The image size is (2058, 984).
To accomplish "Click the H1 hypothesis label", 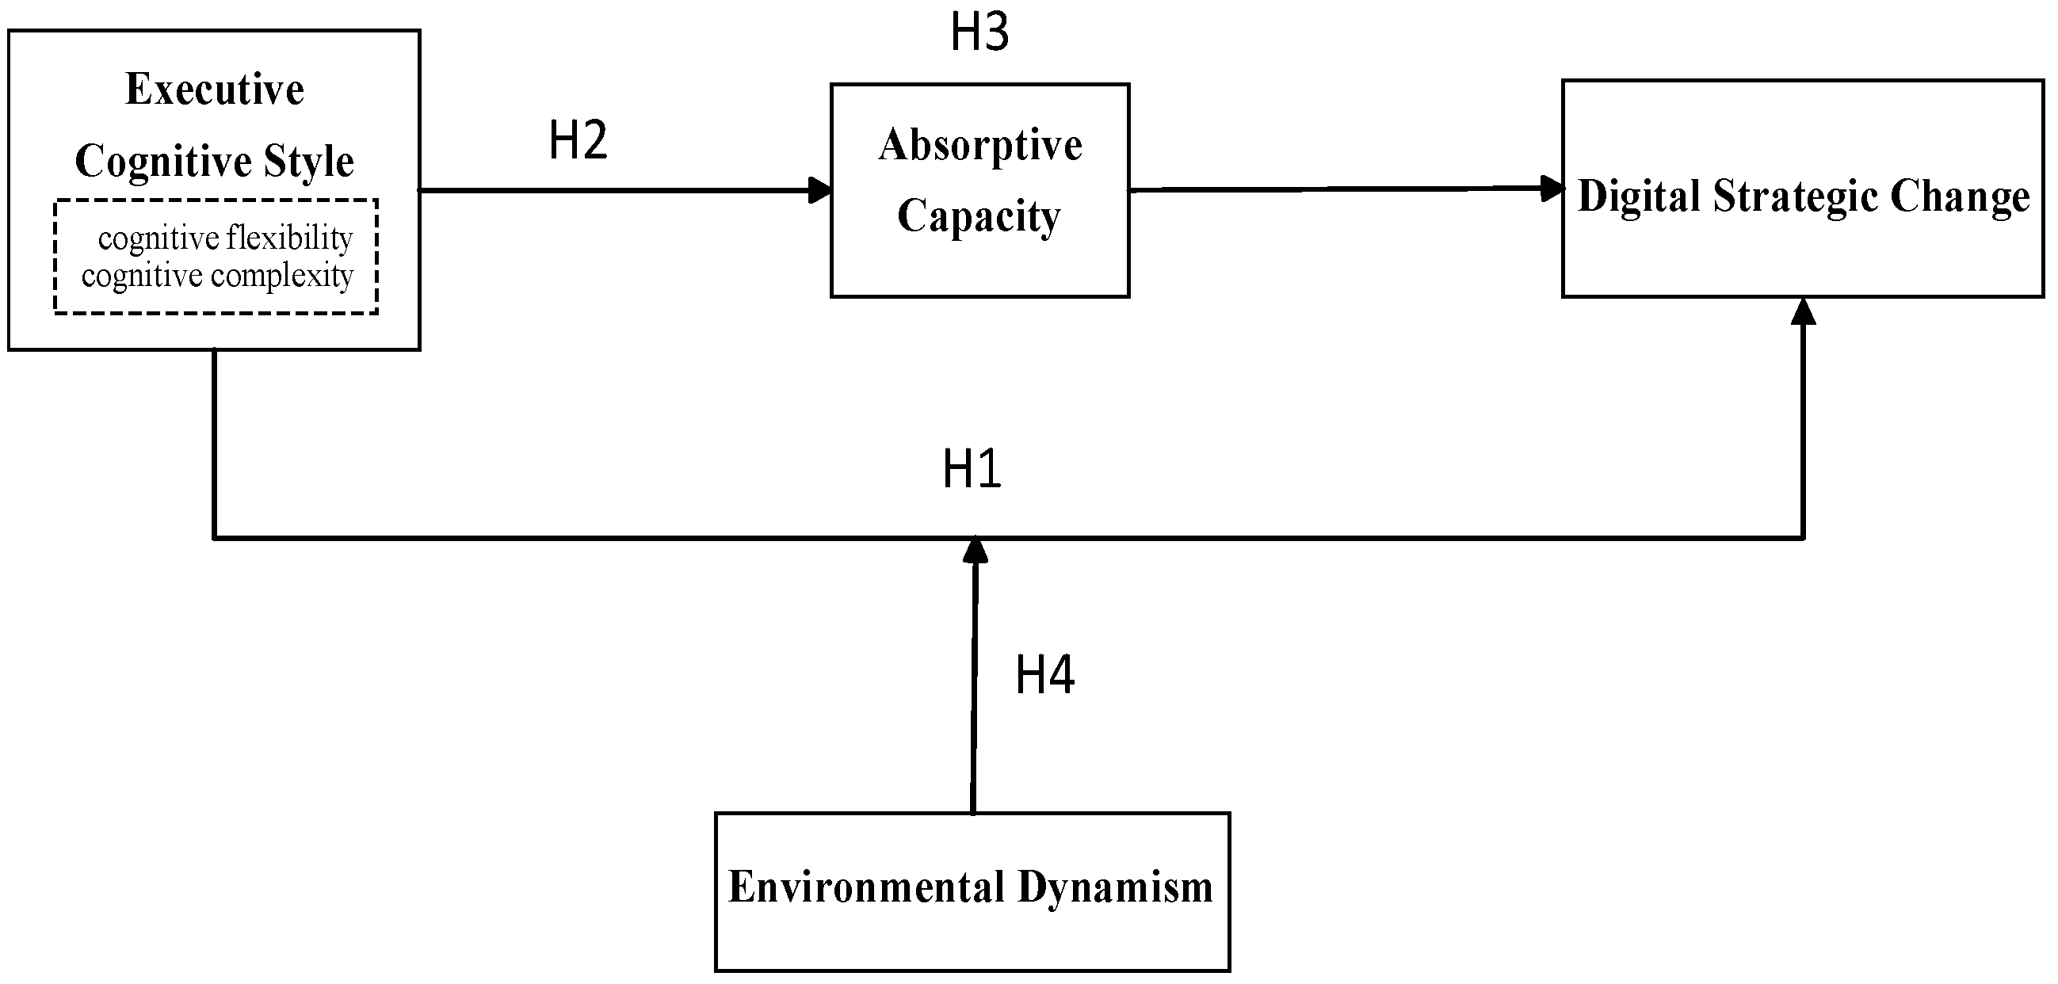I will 972,469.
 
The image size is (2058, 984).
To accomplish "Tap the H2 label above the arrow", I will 578,140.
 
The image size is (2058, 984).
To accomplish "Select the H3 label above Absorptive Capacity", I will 979,32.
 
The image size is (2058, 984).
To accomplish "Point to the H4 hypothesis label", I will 1044,675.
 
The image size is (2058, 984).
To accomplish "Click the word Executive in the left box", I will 215,90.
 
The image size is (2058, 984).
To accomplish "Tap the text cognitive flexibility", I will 225,238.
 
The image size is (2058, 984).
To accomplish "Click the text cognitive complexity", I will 217,277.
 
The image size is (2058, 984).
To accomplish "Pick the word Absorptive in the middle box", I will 980,146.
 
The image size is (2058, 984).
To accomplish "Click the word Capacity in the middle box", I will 979,216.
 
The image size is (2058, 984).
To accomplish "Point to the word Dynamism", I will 1115,887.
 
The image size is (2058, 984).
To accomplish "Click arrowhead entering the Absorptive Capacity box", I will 819,190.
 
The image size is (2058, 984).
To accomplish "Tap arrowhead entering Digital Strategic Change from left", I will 1552,189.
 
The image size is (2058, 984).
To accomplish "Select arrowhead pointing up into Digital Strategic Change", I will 1803,311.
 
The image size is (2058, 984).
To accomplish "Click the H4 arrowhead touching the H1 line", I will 975,551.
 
